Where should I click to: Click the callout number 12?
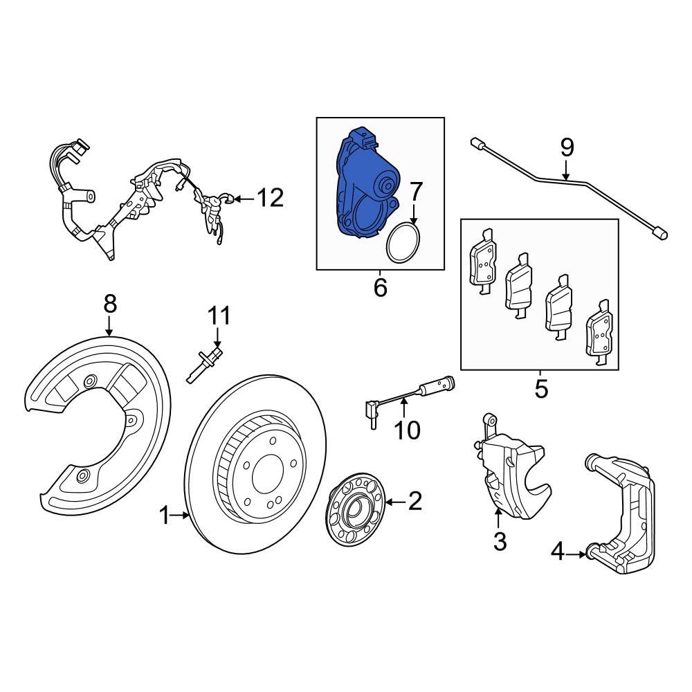270,199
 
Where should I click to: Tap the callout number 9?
567,147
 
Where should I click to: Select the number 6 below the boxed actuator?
380,287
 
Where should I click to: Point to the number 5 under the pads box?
541,388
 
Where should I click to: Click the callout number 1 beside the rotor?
165,515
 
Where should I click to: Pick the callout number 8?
110,304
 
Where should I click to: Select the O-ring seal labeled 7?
403,243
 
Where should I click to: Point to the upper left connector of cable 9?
477,144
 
